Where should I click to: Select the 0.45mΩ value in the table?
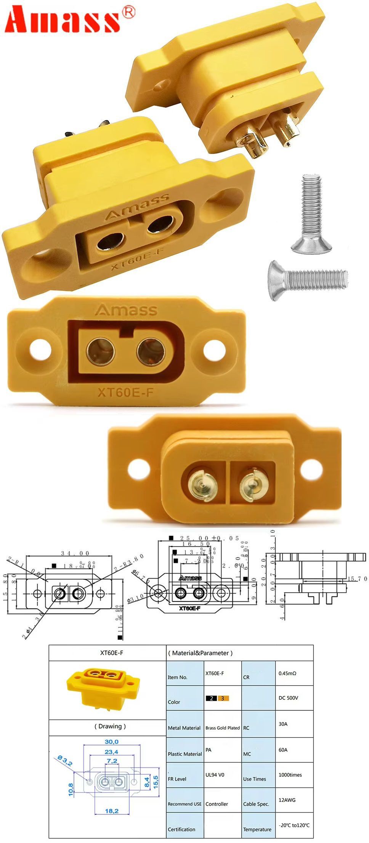[287, 673]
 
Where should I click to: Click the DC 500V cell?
[288, 698]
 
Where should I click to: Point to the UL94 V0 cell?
[215, 774]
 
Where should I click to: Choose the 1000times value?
[290, 774]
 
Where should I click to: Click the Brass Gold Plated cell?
[223, 728]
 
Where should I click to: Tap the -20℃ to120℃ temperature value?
[294, 825]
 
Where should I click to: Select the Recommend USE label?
[184, 804]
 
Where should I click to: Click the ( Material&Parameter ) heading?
[201, 653]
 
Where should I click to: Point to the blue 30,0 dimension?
[111, 742]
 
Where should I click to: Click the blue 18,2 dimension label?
[111, 811]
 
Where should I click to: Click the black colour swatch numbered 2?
[211, 698]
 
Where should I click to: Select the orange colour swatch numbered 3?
[223, 698]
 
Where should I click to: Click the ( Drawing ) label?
[110, 726]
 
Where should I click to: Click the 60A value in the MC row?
[283, 750]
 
